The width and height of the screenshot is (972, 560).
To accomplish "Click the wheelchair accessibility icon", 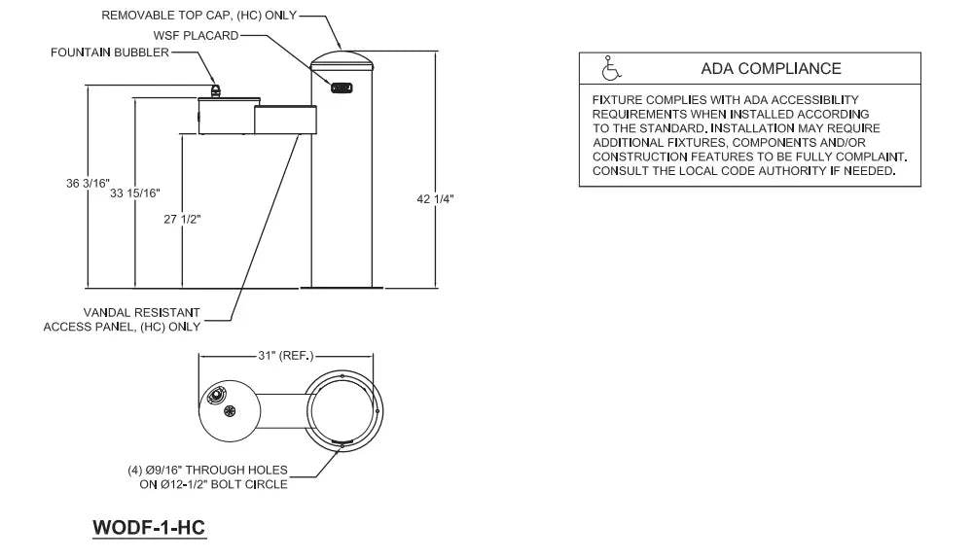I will pyautogui.click(x=611, y=69).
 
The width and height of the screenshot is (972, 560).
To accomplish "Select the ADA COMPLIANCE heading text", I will pyautogui.click(x=771, y=69).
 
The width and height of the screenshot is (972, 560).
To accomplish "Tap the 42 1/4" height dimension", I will pyautogui.click(x=435, y=198).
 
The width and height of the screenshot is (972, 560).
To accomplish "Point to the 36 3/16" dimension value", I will pyautogui.click(x=89, y=183).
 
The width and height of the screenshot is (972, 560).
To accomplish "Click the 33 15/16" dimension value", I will pyautogui.click(x=135, y=192).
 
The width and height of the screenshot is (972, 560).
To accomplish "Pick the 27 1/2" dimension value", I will pyautogui.click(x=182, y=219).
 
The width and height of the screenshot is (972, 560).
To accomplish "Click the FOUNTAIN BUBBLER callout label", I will pyautogui.click(x=109, y=52).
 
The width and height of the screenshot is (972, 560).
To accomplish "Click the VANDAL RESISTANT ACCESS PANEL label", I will pyautogui.click(x=122, y=320).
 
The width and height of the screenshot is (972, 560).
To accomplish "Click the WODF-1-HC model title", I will pyautogui.click(x=150, y=527).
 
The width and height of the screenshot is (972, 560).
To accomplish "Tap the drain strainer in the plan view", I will pyautogui.click(x=231, y=411).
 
